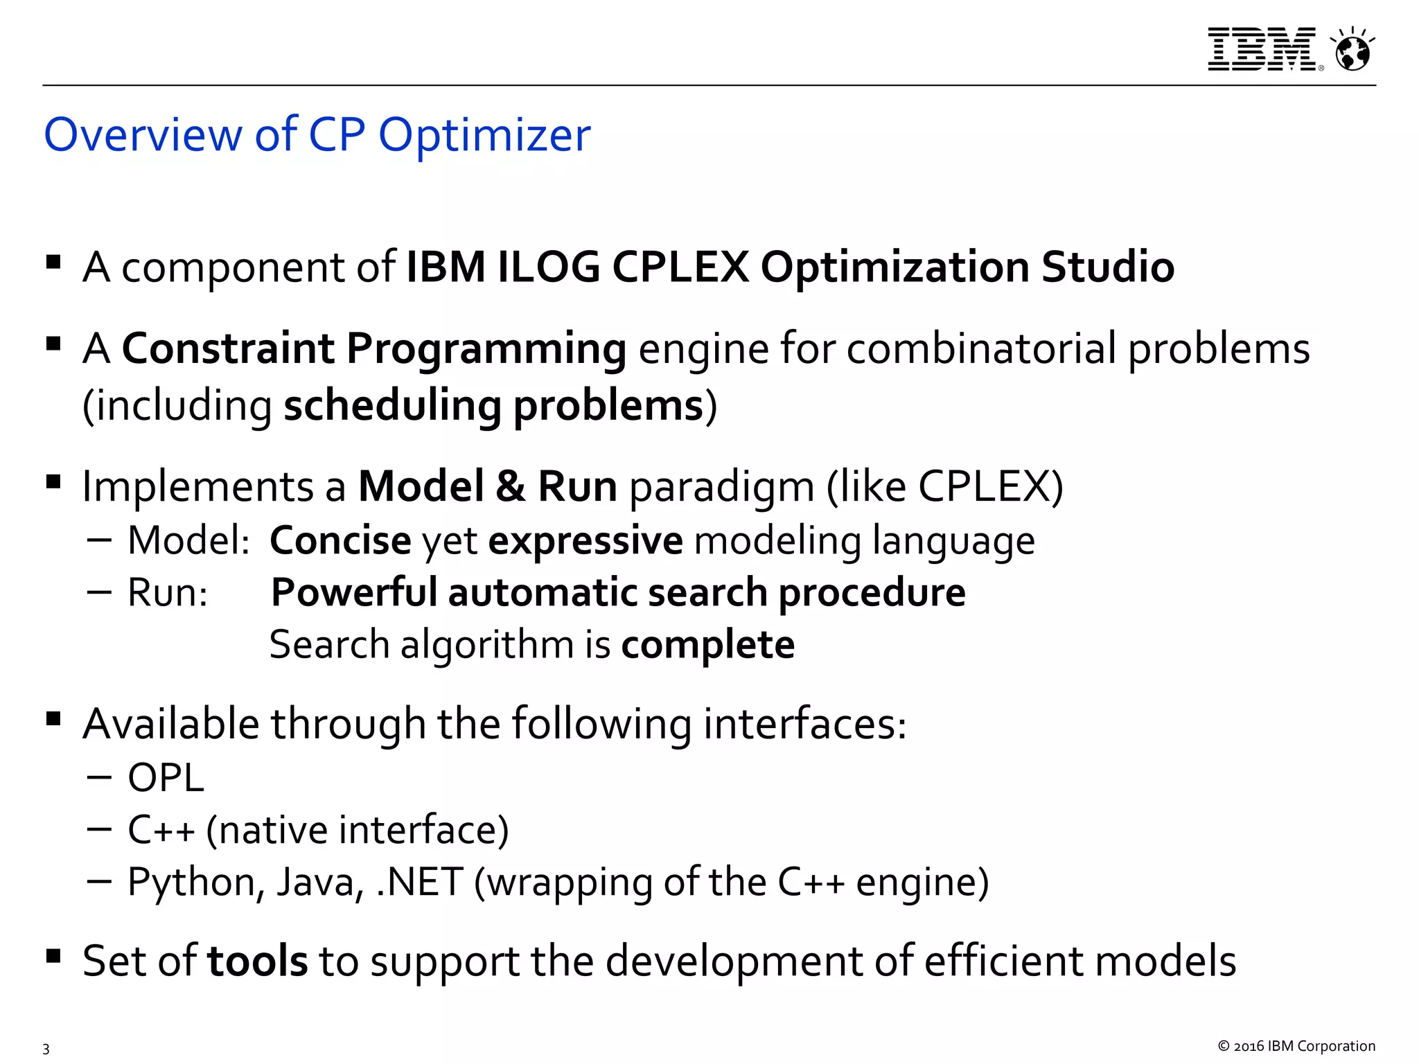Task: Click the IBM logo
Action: click(1262, 49)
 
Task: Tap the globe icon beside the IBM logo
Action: click(1352, 51)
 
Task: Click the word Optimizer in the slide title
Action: click(484, 134)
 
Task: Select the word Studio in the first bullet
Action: click(1107, 267)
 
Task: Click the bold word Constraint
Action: click(228, 348)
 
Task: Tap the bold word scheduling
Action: click(392, 406)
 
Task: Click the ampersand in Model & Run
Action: click(510, 486)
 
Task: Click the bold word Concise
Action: click(340, 540)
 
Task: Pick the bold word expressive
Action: click(585, 541)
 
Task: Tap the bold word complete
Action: click(707, 646)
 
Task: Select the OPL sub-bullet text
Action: click(166, 778)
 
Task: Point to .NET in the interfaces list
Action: click(419, 883)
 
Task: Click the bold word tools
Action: click(257, 961)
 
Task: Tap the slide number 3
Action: click(46, 1048)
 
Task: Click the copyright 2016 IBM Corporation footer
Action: click(1296, 1046)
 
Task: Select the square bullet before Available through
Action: click(53, 718)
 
